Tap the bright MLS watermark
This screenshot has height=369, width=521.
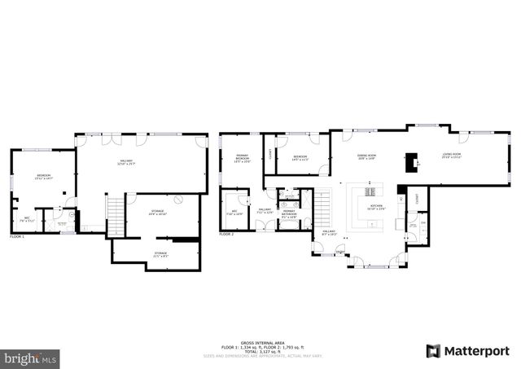(30, 357)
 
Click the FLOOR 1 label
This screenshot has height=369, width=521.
(17, 236)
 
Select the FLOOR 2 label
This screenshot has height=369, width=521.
(226, 234)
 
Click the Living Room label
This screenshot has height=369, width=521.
(451, 156)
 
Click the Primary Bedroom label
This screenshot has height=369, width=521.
(242, 158)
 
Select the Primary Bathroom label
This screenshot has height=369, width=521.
(288, 215)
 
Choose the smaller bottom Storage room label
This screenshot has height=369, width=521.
(160, 253)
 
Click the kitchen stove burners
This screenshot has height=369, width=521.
(374, 191)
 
